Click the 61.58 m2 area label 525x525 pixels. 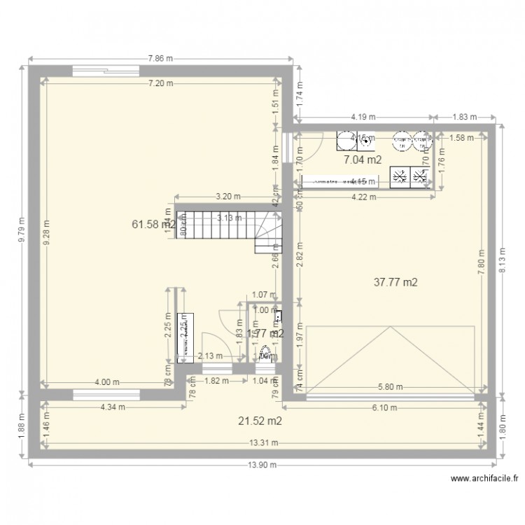153,224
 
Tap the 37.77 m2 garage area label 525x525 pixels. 396,283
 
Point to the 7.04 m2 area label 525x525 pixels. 363,160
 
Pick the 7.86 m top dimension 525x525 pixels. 161,59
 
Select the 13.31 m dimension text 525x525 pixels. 263,442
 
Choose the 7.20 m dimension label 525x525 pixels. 160,83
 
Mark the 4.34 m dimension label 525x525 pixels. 113,407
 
